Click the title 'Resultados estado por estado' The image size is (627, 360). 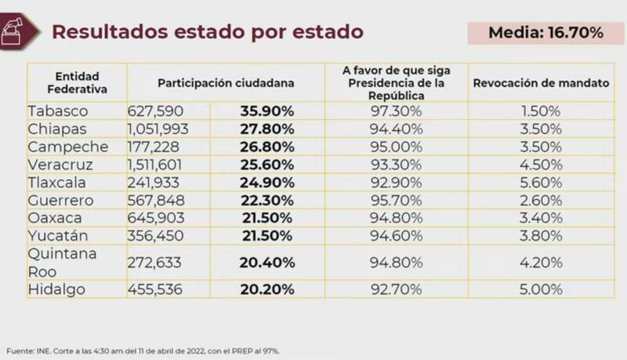pos(207,31)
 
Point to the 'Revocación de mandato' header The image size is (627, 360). pos(541,82)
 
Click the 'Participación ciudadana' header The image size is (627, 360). pos(226,82)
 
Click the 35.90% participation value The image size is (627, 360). pos(268,111)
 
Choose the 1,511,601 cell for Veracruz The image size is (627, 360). pos(159,165)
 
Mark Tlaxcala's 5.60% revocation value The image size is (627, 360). pos(541,182)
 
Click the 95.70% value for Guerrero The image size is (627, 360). pos(396,200)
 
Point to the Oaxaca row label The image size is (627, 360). pos(54,217)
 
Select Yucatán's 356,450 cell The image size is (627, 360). pos(154,235)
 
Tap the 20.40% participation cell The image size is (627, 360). pos(268,263)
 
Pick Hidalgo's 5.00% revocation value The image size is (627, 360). pos(541,289)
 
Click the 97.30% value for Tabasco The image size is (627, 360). pos(396,111)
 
